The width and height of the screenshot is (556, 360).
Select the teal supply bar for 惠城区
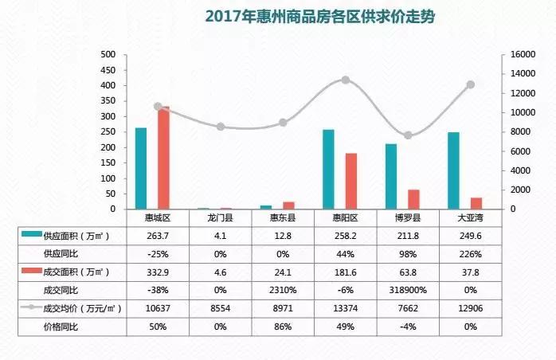coord(141,168)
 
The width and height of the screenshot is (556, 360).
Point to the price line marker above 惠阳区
coord(345,80)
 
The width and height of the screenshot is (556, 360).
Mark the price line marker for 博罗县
coord(408,135)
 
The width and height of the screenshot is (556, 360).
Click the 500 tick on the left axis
coord(108,55)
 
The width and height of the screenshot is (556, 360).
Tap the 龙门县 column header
coord(220,217)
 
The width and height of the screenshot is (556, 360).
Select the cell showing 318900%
coord(408,290)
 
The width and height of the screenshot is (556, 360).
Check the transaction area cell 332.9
coord(157,272)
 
